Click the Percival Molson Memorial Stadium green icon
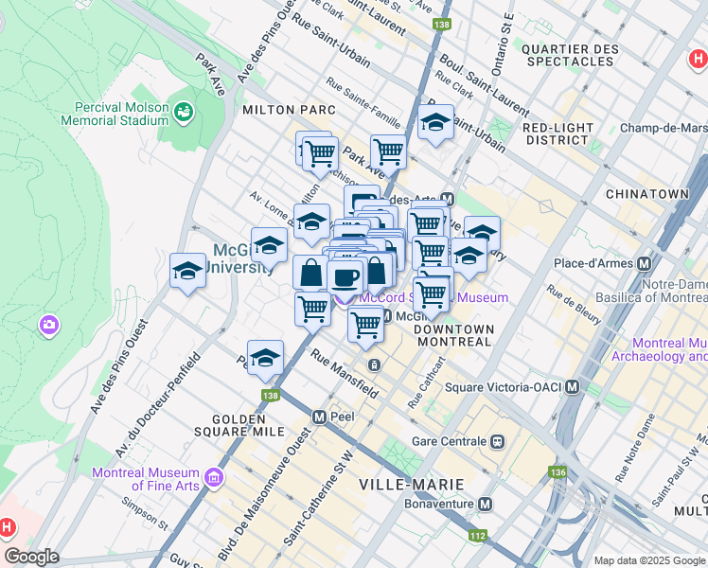point(184,113)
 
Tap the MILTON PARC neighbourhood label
point(289,110)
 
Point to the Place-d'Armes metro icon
point(646,263)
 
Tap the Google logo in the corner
point(31,556)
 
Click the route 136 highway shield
point(558,470)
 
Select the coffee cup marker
point(345,276)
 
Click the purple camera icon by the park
point(48,326)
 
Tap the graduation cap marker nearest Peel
point(265,357)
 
